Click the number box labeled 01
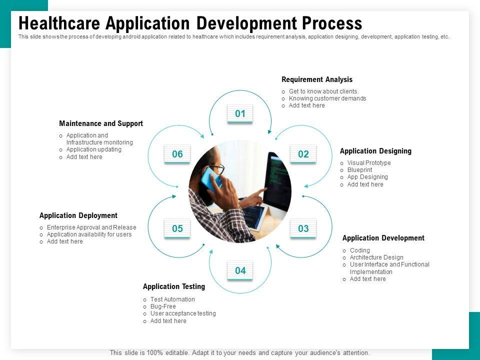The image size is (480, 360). [240, 114]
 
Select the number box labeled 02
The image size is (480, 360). [303, 154]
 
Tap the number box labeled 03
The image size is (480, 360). [303, 228]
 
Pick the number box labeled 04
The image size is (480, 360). [240, 270]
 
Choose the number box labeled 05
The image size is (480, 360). [177, 228]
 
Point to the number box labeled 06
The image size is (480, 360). [177, 154]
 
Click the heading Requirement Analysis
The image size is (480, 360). [317, 79]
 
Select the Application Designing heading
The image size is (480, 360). [375, 151]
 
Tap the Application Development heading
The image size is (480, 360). [383, 238]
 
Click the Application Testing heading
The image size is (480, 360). [174, 286]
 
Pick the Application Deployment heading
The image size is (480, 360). [78, 215]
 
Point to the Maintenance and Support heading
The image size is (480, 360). [101, 123]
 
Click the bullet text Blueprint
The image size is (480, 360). [359, 170]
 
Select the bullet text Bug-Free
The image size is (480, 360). [163, 306]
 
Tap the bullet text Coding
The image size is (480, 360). [359, 250]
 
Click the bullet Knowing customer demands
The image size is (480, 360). [327, 98]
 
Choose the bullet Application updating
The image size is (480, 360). [93, 149]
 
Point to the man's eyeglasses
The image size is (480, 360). [218, 168]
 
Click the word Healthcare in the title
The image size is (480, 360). [59, 23]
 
